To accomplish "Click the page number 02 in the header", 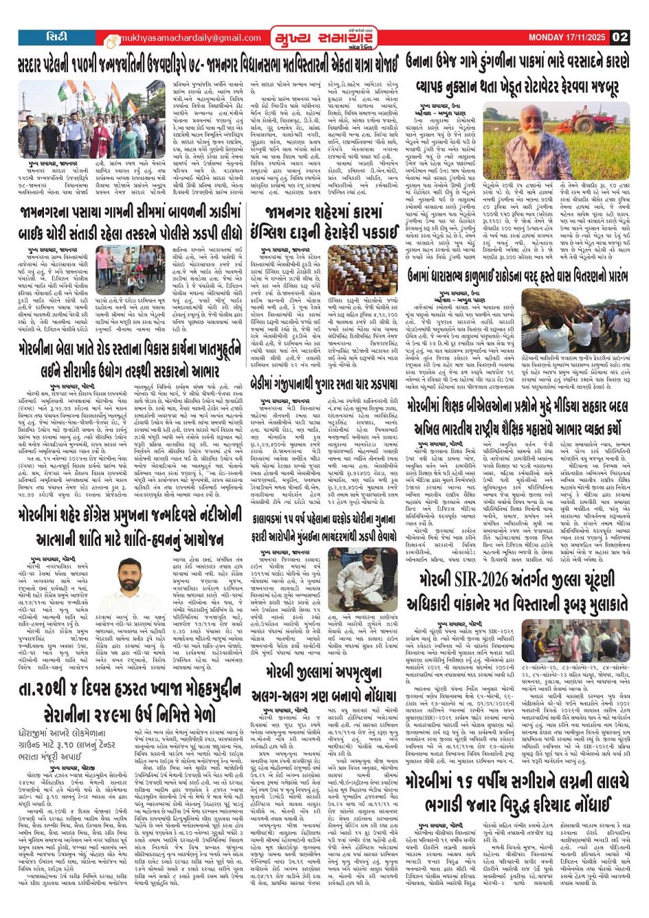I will [x=620, y=37].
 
